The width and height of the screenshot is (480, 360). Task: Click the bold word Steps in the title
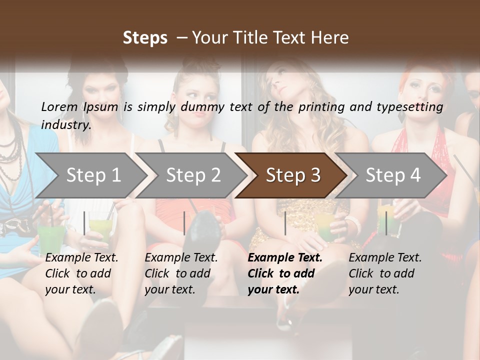145,38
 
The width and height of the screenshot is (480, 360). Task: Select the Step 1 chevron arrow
92,175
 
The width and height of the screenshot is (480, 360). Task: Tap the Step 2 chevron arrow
191,175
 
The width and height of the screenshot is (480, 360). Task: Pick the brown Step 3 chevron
291,175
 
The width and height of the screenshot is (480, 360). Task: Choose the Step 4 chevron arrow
391,175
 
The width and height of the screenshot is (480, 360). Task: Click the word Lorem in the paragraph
59,107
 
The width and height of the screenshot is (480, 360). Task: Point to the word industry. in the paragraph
66,125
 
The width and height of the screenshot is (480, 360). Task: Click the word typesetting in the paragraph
410,107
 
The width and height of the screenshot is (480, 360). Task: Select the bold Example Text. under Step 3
285,258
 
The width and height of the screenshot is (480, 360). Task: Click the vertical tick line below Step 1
84,223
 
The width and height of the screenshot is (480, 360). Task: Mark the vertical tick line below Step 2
184,223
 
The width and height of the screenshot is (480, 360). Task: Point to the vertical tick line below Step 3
285,223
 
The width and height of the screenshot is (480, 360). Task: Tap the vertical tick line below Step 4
386,223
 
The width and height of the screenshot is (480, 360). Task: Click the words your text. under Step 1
70,289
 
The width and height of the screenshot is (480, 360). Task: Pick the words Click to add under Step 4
381,273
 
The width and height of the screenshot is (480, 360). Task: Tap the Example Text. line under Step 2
181,258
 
